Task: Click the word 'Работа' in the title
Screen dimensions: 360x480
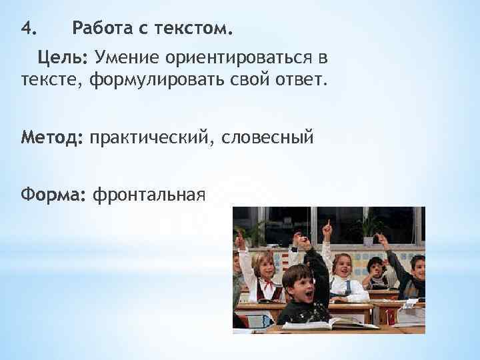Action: [102, 29]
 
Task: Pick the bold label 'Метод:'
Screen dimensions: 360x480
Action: [52, 138]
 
